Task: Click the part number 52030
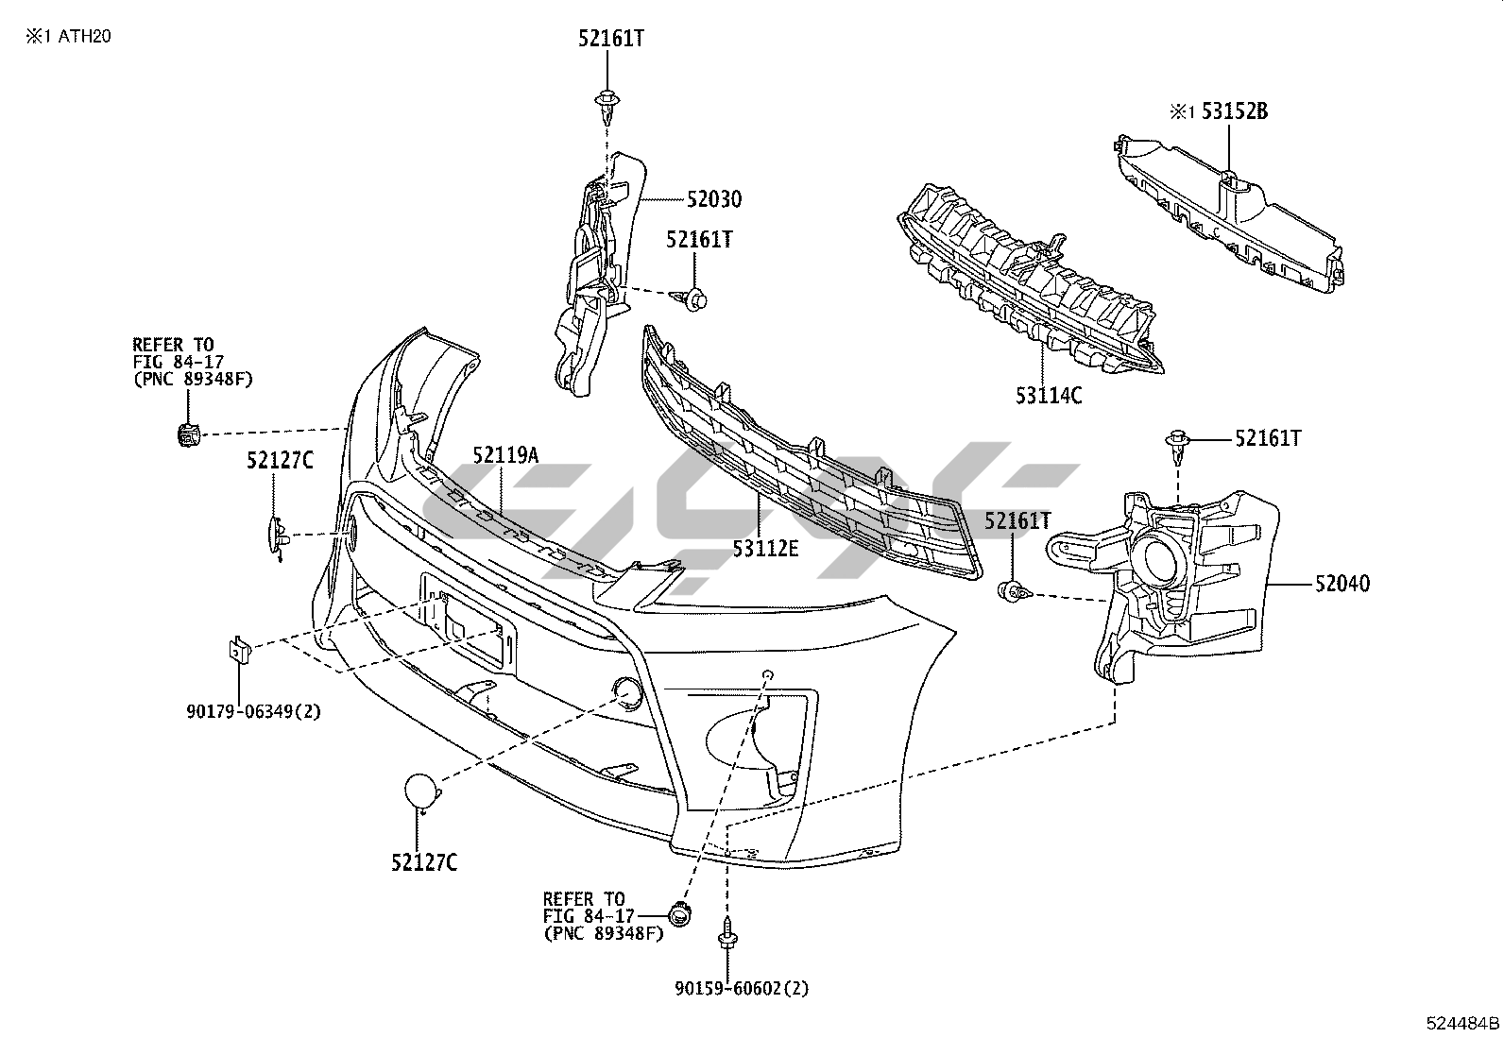(x=714, y=200)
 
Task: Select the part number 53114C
(x=1049, y=395)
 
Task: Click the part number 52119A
(x=505, y=456)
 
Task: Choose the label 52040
(x=1342, y=585)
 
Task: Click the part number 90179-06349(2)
(x=253, y=711)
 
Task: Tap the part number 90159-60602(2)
(x=742, y=989)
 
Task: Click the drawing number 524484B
(x=1462, y=1023)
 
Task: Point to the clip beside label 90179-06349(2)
(x=237, y=651)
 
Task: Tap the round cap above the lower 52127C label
(x=421, y=791)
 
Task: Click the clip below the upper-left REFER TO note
(x=189, y=435)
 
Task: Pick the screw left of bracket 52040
(x=1013, y=593)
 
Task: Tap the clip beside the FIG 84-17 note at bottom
(x=678, y=913)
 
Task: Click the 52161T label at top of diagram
(x=611, y=39)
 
